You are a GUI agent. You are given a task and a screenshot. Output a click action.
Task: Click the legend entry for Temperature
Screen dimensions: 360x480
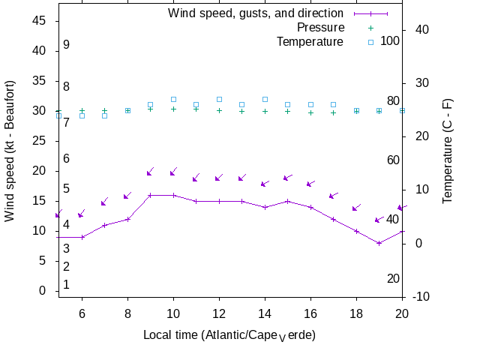coord(309,42)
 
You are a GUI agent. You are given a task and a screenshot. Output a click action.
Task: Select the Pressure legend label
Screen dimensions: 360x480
coord(320,28)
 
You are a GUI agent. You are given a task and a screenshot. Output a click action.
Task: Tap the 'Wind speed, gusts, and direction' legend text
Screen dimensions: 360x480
coord(255,13)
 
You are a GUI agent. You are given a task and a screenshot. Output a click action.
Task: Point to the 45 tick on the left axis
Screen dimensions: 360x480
coord(40,21)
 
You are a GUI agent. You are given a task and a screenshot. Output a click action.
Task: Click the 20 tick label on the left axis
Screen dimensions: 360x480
coord(40,171)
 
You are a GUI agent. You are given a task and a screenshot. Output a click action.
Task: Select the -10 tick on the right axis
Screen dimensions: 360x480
coord(421,297)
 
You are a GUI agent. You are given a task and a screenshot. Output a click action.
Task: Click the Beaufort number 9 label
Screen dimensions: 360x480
coord(67,45)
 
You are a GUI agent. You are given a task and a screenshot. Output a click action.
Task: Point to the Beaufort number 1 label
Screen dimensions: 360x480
coord(67,285)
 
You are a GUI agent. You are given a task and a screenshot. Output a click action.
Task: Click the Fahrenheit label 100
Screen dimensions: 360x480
coord(390,40)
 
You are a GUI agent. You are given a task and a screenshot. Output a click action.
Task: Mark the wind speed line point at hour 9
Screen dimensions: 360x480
coord(151,195)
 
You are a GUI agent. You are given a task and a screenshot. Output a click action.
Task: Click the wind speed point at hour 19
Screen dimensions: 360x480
coord(379,243)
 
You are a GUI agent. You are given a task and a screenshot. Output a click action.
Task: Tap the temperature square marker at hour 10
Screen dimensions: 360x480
coord(173,99)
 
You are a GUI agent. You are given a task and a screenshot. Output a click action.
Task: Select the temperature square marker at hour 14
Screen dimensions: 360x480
coord(265,99)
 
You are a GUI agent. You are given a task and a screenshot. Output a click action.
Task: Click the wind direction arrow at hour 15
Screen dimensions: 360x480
coord(287,178)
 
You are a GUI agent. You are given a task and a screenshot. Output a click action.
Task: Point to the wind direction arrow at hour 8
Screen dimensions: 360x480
coord(127,196)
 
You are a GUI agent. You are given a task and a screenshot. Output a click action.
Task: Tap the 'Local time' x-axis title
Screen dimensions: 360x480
coord(229,334)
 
